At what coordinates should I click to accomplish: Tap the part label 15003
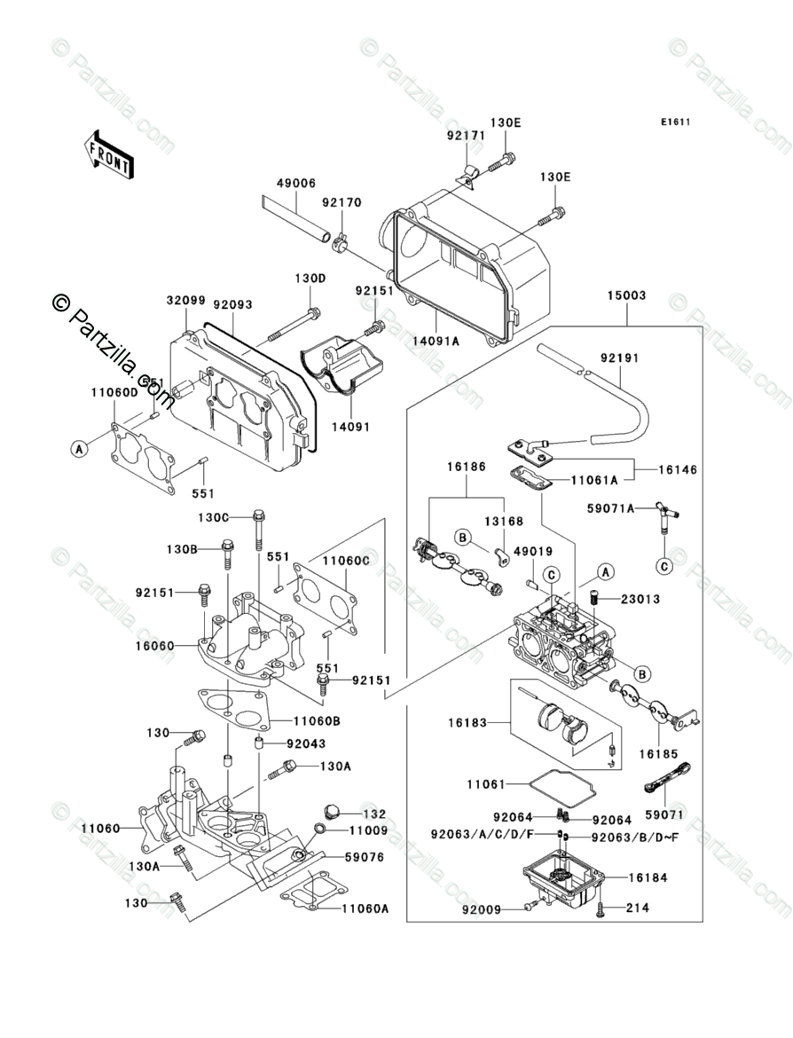click(626, 295)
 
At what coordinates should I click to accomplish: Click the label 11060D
click(114, 391)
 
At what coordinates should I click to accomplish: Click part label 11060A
click(365, 908)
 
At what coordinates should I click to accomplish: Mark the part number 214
click(638, 908)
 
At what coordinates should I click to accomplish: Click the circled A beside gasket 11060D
click(79, 450)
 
